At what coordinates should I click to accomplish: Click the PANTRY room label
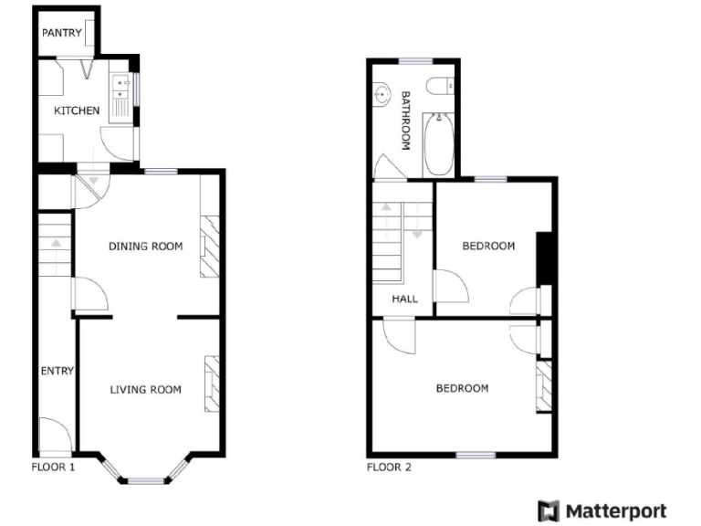[61, 34]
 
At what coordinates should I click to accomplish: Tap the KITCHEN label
[77, 110]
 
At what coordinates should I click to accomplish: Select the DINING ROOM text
[145, 246]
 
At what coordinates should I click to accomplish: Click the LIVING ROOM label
[145, 390]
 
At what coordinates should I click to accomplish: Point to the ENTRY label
[57, 371]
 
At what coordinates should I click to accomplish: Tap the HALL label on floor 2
[404, 299]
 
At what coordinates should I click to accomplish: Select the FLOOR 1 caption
[53, 467]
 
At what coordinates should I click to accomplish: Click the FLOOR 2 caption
[389, 468]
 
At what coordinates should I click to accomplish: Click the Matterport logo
[602, 510]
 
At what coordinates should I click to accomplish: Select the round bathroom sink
[382, 92]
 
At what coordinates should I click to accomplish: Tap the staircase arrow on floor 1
[57, 244]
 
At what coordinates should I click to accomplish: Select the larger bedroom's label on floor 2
[461, 388]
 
